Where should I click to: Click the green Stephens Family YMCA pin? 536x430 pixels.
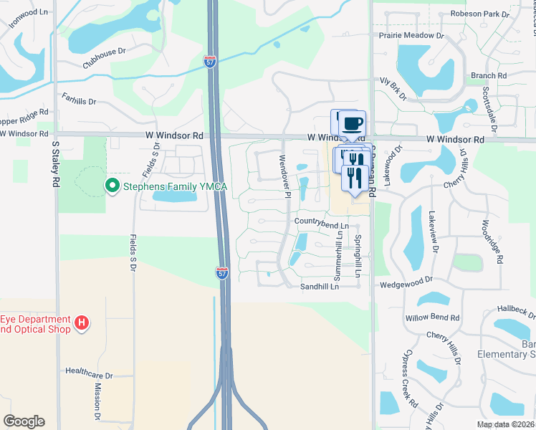pyautogui.click(x=112, y=186)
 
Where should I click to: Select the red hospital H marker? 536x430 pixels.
pyautogui.click(x=82, y=323)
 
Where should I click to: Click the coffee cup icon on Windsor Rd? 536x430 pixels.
pyautogui.click(x=351, y=123)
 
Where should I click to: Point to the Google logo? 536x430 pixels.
pyautogui.click(x=24, y=421)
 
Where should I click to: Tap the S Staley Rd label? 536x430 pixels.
pyautogui.click(x=55, y=164)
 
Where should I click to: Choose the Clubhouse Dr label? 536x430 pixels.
pyautogui.click(x=104, y=56)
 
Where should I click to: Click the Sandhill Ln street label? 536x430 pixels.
pyautogui.click(x=319, y=286)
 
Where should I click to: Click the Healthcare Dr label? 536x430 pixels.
pyautogui.click(x=90, y=374)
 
